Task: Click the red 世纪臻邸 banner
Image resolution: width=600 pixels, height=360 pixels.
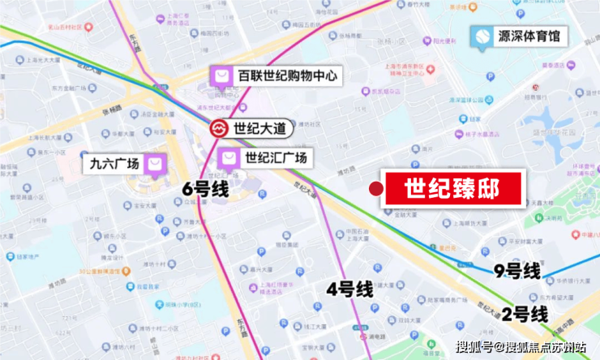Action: pyautogui.click(x=452, y=190)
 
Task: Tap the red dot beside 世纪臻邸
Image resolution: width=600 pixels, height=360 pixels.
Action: pyautogui.click(x=375, y=189)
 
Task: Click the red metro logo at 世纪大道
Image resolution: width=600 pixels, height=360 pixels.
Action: pyautogui.click(x=219, y=129)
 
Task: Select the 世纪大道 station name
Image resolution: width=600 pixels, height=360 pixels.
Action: pyautogui.click(x=259, y=129)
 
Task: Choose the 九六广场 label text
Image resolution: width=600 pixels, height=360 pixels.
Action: pyautogui.click(x=115, y=164)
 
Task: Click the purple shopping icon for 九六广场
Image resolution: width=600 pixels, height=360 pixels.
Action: pyautogui.click(x=155, y=164)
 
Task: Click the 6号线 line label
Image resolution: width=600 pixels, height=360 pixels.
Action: pyautogui.click(x=205, y=190)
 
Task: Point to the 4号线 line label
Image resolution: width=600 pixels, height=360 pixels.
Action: pyautogui.click(x=349, y=288)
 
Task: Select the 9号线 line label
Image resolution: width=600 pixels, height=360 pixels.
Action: pyautogui.click(x=516, y=272)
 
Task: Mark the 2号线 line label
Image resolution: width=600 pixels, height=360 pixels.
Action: pyautogui.click(x=525, y=314)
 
